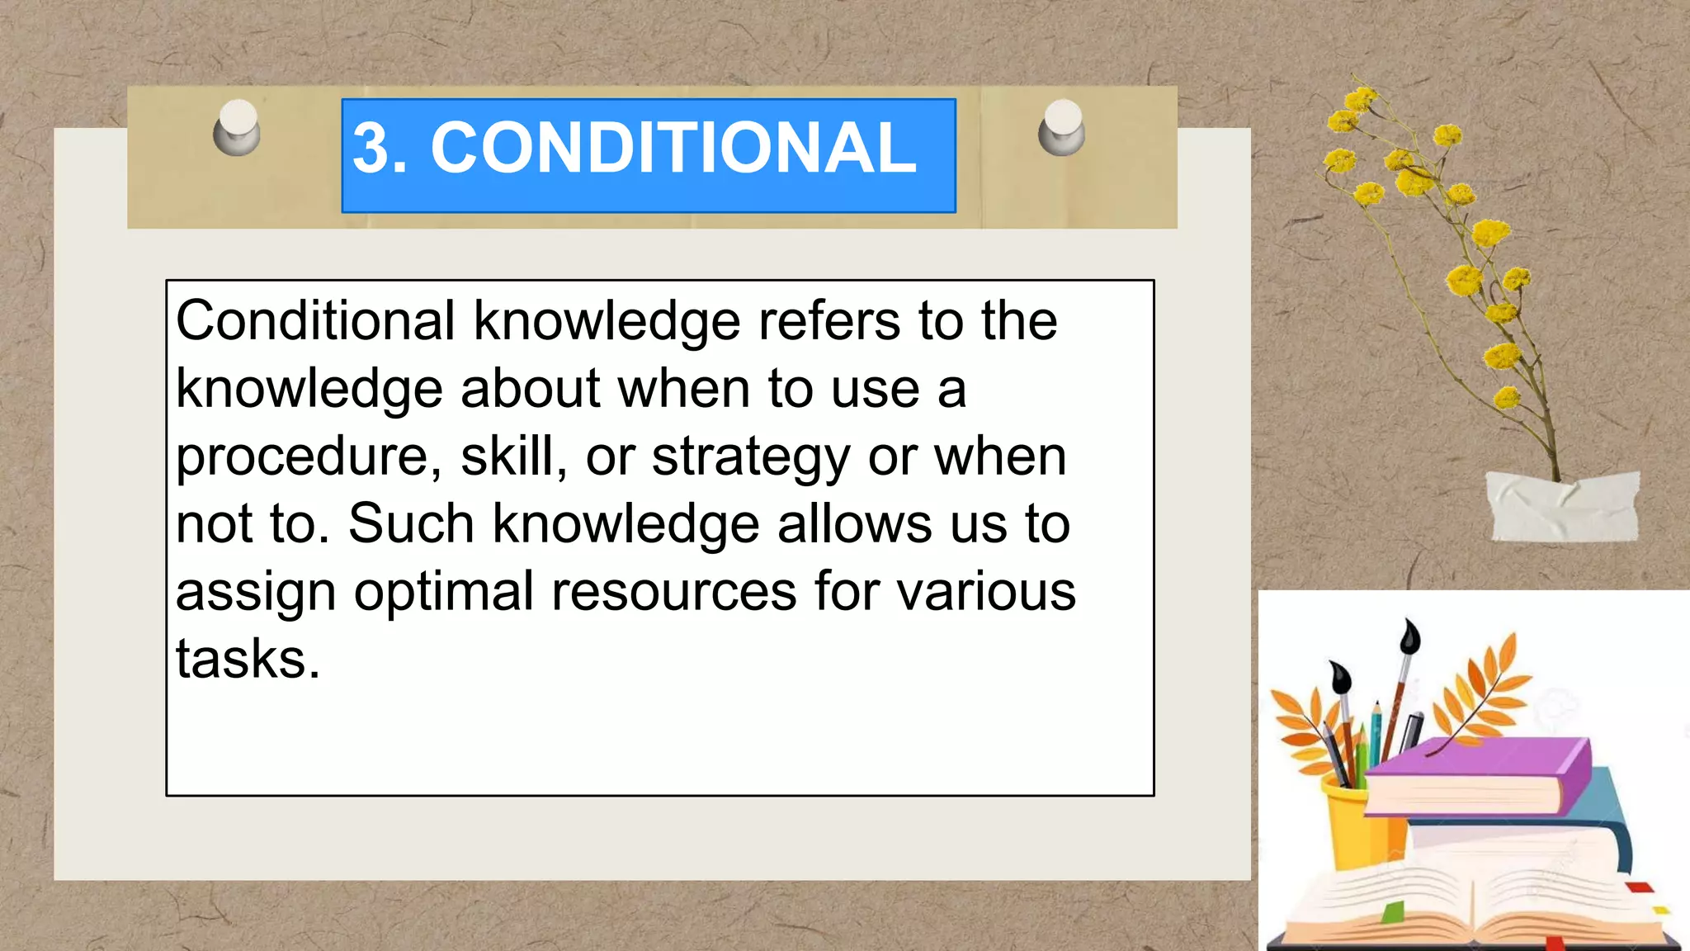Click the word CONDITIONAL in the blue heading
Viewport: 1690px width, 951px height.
(673, 149)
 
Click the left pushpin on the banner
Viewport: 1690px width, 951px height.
(238, 128)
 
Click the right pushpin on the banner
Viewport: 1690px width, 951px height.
(1062, 128)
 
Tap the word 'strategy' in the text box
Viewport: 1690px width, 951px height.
(750, 457)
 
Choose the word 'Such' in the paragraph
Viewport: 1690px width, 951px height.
(411, 523)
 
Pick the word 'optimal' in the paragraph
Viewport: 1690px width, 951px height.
(444, 593)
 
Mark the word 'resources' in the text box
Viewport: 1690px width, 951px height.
(673, 593)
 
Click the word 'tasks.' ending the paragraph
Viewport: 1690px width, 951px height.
(248, 659)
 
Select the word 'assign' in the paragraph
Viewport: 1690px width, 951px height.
(256, 593)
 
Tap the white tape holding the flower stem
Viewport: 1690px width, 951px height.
(1562, 505)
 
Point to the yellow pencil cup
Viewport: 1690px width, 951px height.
(1353, 826)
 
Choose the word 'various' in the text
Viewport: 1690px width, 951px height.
(986, 593)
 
